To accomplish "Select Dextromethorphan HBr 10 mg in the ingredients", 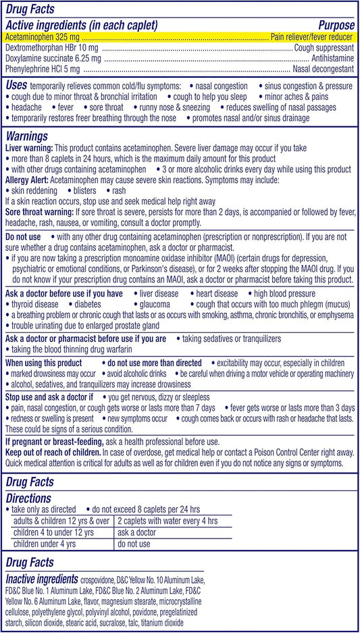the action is [43, 49].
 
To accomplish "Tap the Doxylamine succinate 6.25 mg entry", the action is [47, 59].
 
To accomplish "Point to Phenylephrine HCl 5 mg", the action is [41, 69].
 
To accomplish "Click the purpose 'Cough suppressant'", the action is [324, 49].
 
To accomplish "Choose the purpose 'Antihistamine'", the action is [330, 59].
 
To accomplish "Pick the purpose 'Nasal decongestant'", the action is [323, 69].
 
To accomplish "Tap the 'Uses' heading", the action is [17, 86].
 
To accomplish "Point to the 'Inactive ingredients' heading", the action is [47, 579].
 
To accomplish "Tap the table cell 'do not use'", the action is [134, 543].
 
